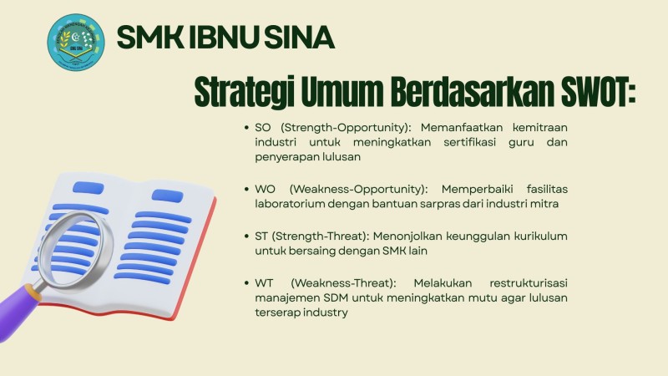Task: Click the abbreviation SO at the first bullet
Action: (x=263, y=127)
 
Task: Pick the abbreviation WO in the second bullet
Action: (x=265, y=187)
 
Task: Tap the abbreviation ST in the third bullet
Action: (x=262, y=236)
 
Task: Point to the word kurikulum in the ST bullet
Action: (x=540, y=236)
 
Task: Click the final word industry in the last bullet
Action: (x=326, y=312)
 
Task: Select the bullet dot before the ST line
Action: (x=246, y=236)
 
